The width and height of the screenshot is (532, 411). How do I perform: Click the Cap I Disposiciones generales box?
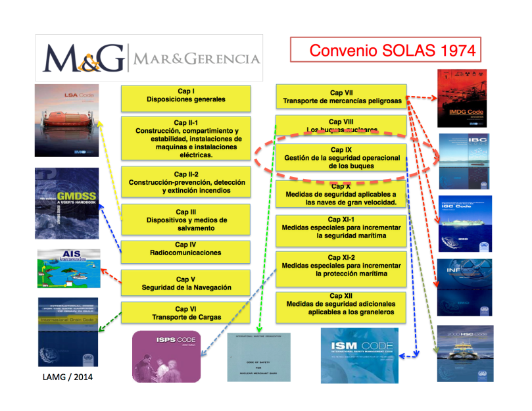coord(185,97)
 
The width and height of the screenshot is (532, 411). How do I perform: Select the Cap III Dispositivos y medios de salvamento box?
coord(185,220)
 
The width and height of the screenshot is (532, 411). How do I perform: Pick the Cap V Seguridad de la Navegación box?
coord(185,283)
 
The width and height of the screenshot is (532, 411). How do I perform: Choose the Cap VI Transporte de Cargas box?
coord(185,312)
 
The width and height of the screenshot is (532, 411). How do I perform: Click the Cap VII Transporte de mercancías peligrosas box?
coord(341,97)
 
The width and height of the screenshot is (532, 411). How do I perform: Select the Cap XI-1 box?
coord(341,230)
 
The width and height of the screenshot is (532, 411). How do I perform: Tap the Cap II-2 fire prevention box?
coord(185,181)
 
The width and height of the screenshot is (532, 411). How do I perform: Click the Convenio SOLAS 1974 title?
coord(383,50)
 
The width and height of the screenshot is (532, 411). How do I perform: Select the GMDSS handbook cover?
coord(68,203)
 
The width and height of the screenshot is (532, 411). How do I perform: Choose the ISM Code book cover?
coord(360,356)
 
